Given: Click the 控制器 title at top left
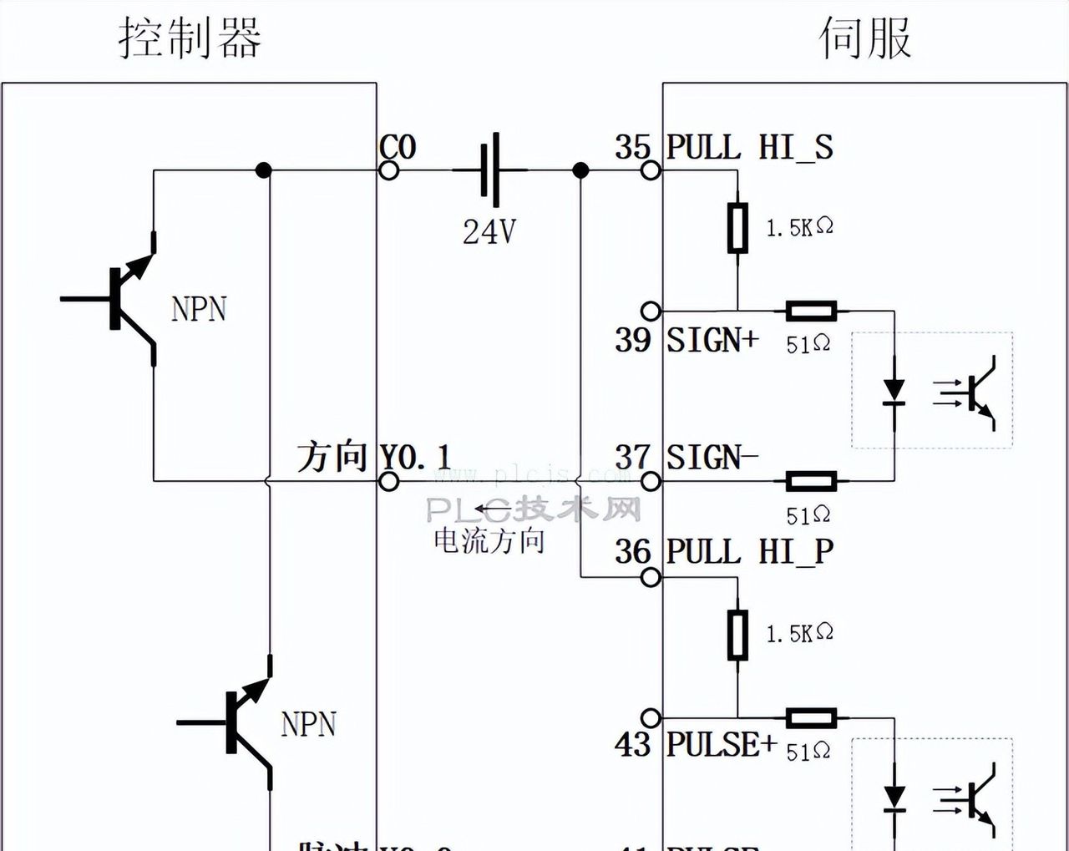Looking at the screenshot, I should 190,39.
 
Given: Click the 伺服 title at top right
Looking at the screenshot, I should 864,39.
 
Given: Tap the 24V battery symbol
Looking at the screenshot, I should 491,170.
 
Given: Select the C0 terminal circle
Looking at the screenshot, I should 388,170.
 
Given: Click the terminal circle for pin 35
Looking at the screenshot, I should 651,170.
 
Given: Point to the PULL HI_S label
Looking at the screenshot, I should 749,148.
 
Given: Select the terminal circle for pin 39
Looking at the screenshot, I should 651,312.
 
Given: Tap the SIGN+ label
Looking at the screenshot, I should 712,340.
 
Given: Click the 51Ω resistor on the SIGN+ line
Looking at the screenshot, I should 811,312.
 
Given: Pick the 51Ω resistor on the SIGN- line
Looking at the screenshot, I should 811,481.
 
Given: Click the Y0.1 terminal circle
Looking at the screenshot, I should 388,481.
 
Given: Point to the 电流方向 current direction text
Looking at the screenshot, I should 489,541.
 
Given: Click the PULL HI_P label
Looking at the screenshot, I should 749,552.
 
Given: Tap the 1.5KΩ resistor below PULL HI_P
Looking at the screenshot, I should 737,635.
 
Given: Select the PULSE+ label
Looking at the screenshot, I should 721,744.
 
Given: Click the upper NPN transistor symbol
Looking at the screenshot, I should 125,299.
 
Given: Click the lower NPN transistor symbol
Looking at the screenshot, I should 242,722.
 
